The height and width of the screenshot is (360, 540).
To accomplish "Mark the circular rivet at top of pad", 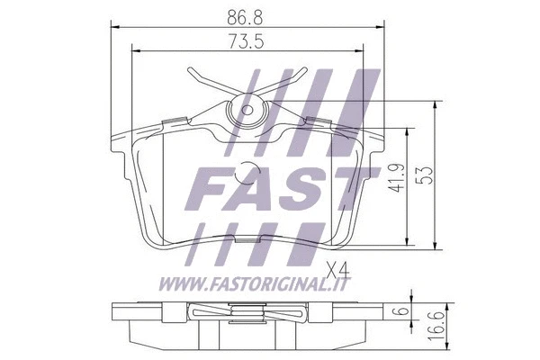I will [245, 111].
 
